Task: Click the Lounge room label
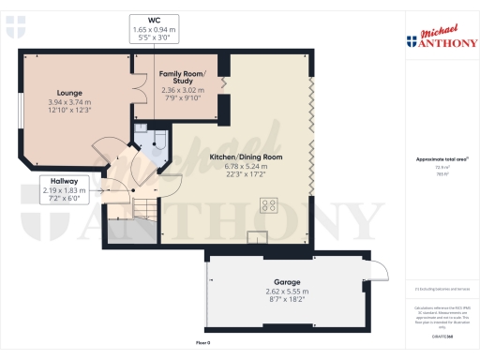(67, 93)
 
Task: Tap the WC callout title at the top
(154, 21)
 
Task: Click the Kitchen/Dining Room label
(247, 157)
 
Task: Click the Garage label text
(286, 281)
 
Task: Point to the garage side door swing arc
(378, 271)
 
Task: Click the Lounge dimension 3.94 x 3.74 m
(67, 102)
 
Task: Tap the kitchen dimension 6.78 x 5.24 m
(247, 166)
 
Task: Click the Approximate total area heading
(441, 159)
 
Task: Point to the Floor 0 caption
(202, 344)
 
